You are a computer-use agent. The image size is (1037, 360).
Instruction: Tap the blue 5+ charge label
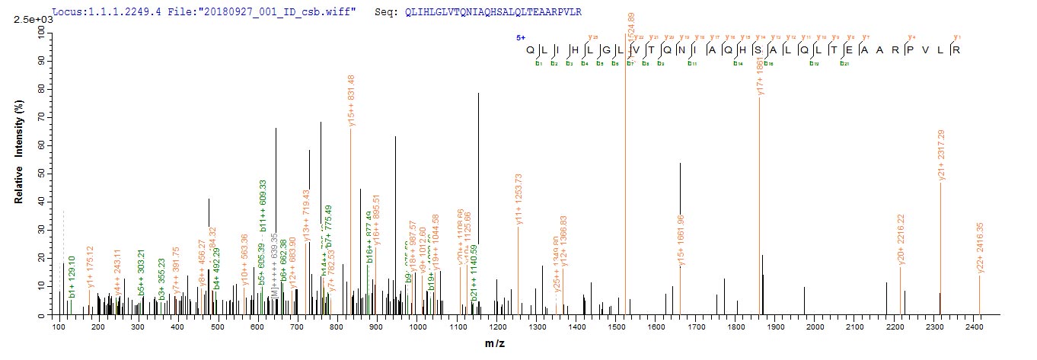click(x=521, y=37)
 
